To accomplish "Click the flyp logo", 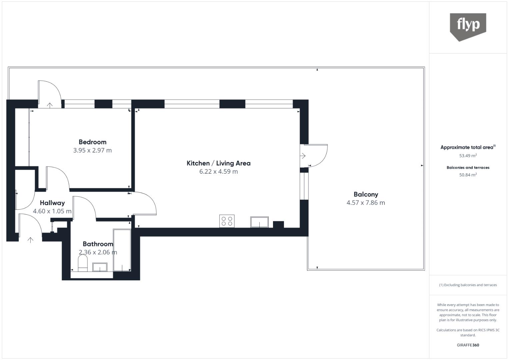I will coord(468,26).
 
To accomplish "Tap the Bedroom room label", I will coord(92,142).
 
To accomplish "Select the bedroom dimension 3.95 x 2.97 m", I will coord(92,150).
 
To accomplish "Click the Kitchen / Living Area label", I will coord(218,163).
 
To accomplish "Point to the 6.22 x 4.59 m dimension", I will coord(218,172).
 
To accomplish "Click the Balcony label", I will coord(366,194).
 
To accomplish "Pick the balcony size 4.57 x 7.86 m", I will coord(366,203).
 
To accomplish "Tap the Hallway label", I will coord(52,203).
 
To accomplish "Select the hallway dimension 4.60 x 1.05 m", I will coord(52,211).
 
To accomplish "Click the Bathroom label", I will coord(98,244).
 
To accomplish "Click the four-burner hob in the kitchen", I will coord(227,221).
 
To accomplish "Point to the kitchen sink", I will coord(259,222).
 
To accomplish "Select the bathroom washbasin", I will coord(100,267).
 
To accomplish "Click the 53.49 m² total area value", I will coord(468,156).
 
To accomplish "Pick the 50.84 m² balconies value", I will coord(468,175).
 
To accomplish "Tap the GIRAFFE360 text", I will coord(468,345).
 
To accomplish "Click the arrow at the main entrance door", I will coord(30,240).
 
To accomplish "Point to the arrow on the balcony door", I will coord(303,156).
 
